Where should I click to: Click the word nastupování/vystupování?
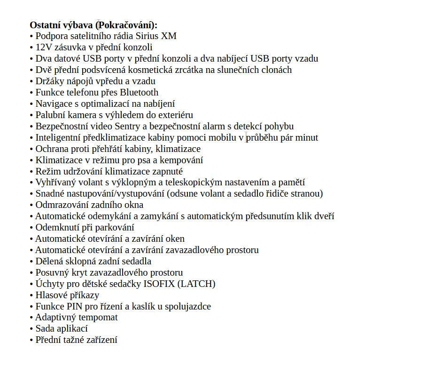115,194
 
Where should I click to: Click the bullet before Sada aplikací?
31,329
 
